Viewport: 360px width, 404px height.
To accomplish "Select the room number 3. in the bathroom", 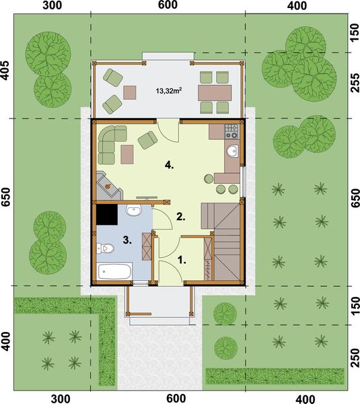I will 127,239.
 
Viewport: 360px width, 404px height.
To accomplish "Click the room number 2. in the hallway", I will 180,216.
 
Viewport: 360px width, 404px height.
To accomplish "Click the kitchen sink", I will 231,151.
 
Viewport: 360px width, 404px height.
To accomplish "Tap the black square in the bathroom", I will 106,215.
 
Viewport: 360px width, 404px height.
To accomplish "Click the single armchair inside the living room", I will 147,139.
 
